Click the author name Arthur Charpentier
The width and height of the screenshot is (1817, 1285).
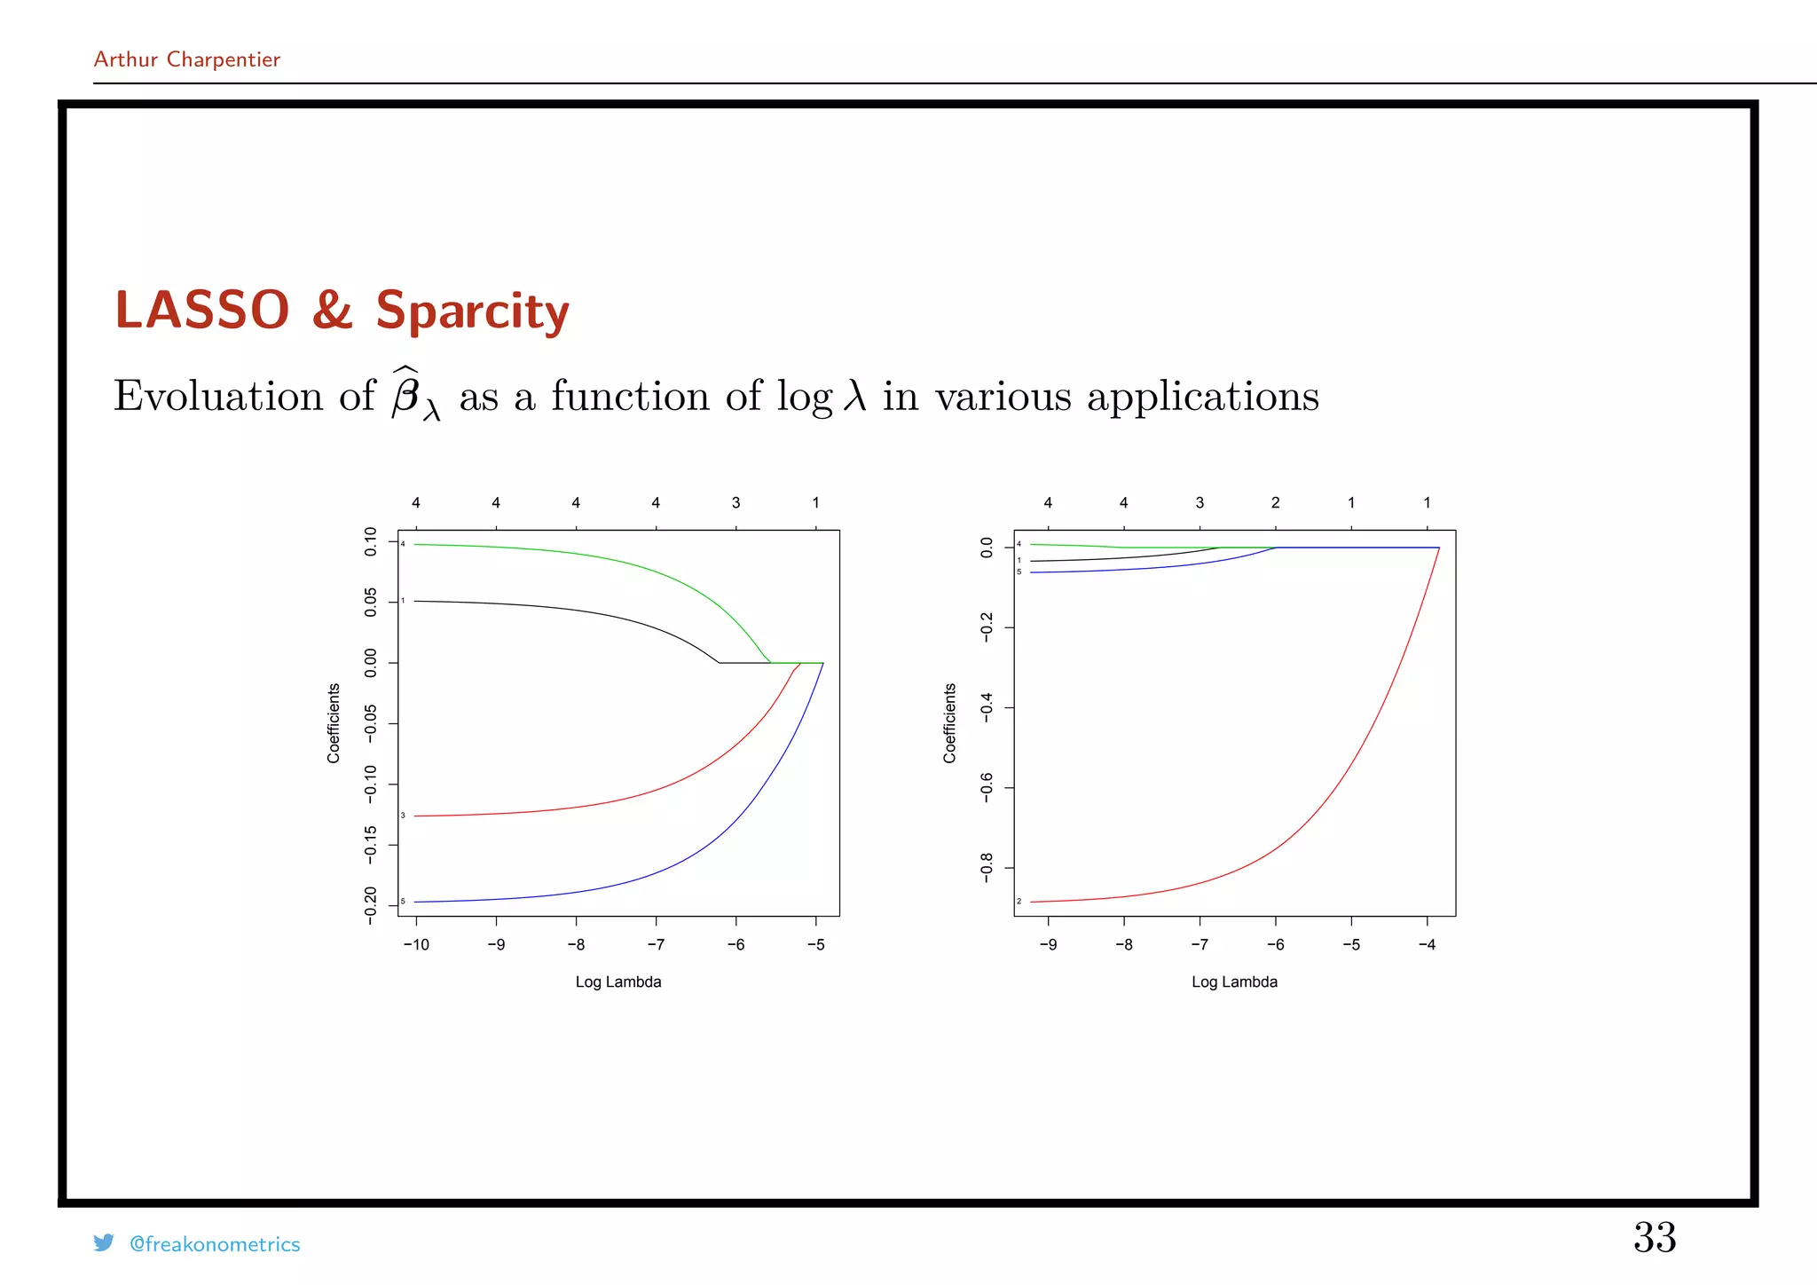186,59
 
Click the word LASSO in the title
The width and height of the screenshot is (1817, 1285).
202,311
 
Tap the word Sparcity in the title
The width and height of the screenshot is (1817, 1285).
472,312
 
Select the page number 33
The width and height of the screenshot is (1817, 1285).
1655,1237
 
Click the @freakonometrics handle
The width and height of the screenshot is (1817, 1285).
215,1244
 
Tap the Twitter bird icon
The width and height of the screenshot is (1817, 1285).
104,1242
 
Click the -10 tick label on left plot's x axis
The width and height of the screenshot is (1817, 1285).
415,945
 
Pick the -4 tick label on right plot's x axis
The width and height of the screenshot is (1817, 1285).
1427,945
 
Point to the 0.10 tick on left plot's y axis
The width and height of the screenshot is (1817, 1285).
371,541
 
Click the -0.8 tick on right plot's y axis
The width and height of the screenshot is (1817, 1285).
987,867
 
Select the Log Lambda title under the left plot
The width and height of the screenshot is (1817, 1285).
618,981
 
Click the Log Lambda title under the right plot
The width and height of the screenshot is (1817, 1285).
1234,981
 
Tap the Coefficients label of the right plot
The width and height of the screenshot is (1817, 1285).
950,723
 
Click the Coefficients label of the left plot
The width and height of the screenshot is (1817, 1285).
334,723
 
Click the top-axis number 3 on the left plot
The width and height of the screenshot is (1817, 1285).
735,503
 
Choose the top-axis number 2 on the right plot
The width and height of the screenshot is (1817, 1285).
1275,503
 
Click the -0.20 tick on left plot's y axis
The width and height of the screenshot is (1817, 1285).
371,905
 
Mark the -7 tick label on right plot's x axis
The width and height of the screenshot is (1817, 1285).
1199,945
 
